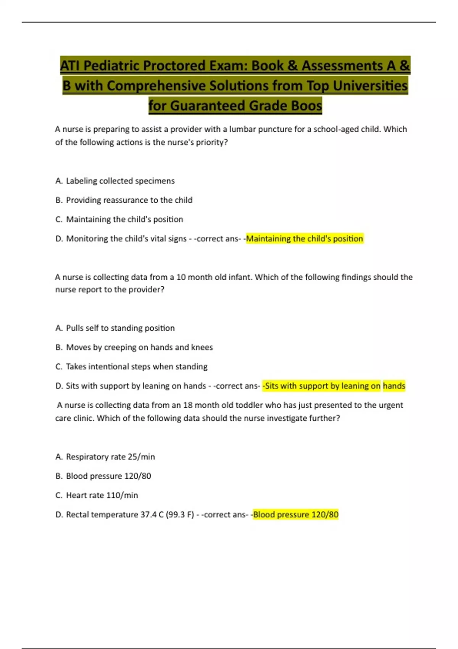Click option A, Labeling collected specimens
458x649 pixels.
[x=120, y=181]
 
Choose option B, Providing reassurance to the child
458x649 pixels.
[x=129, y=200]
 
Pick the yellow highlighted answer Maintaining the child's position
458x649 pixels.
[x=304, y=239]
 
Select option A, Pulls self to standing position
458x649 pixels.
[x=120, y=328]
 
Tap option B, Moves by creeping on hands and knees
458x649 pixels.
[x=139, y=347]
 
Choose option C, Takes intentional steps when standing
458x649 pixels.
[x=136, y=366]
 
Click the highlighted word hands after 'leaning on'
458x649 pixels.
[x=394, y=386]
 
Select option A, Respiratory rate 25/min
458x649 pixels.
[x=110, y=457]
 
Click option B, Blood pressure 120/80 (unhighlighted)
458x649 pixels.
[x=108, y=476]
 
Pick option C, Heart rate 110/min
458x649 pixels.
[x=102, y=495]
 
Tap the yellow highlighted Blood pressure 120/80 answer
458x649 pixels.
[x=295, y=515]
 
